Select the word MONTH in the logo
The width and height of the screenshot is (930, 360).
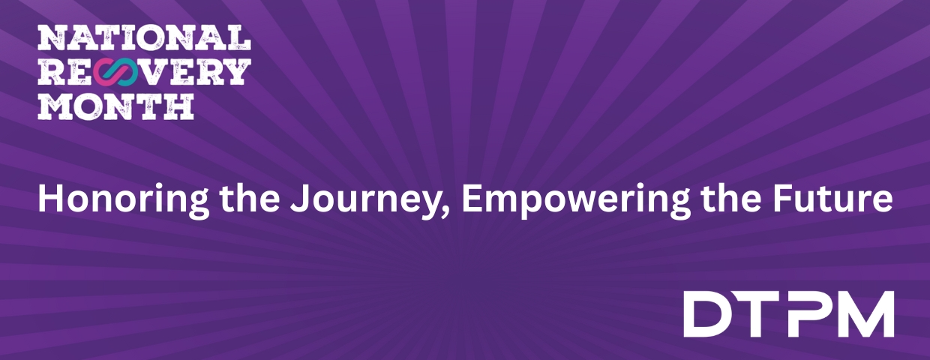pos(116,106)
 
